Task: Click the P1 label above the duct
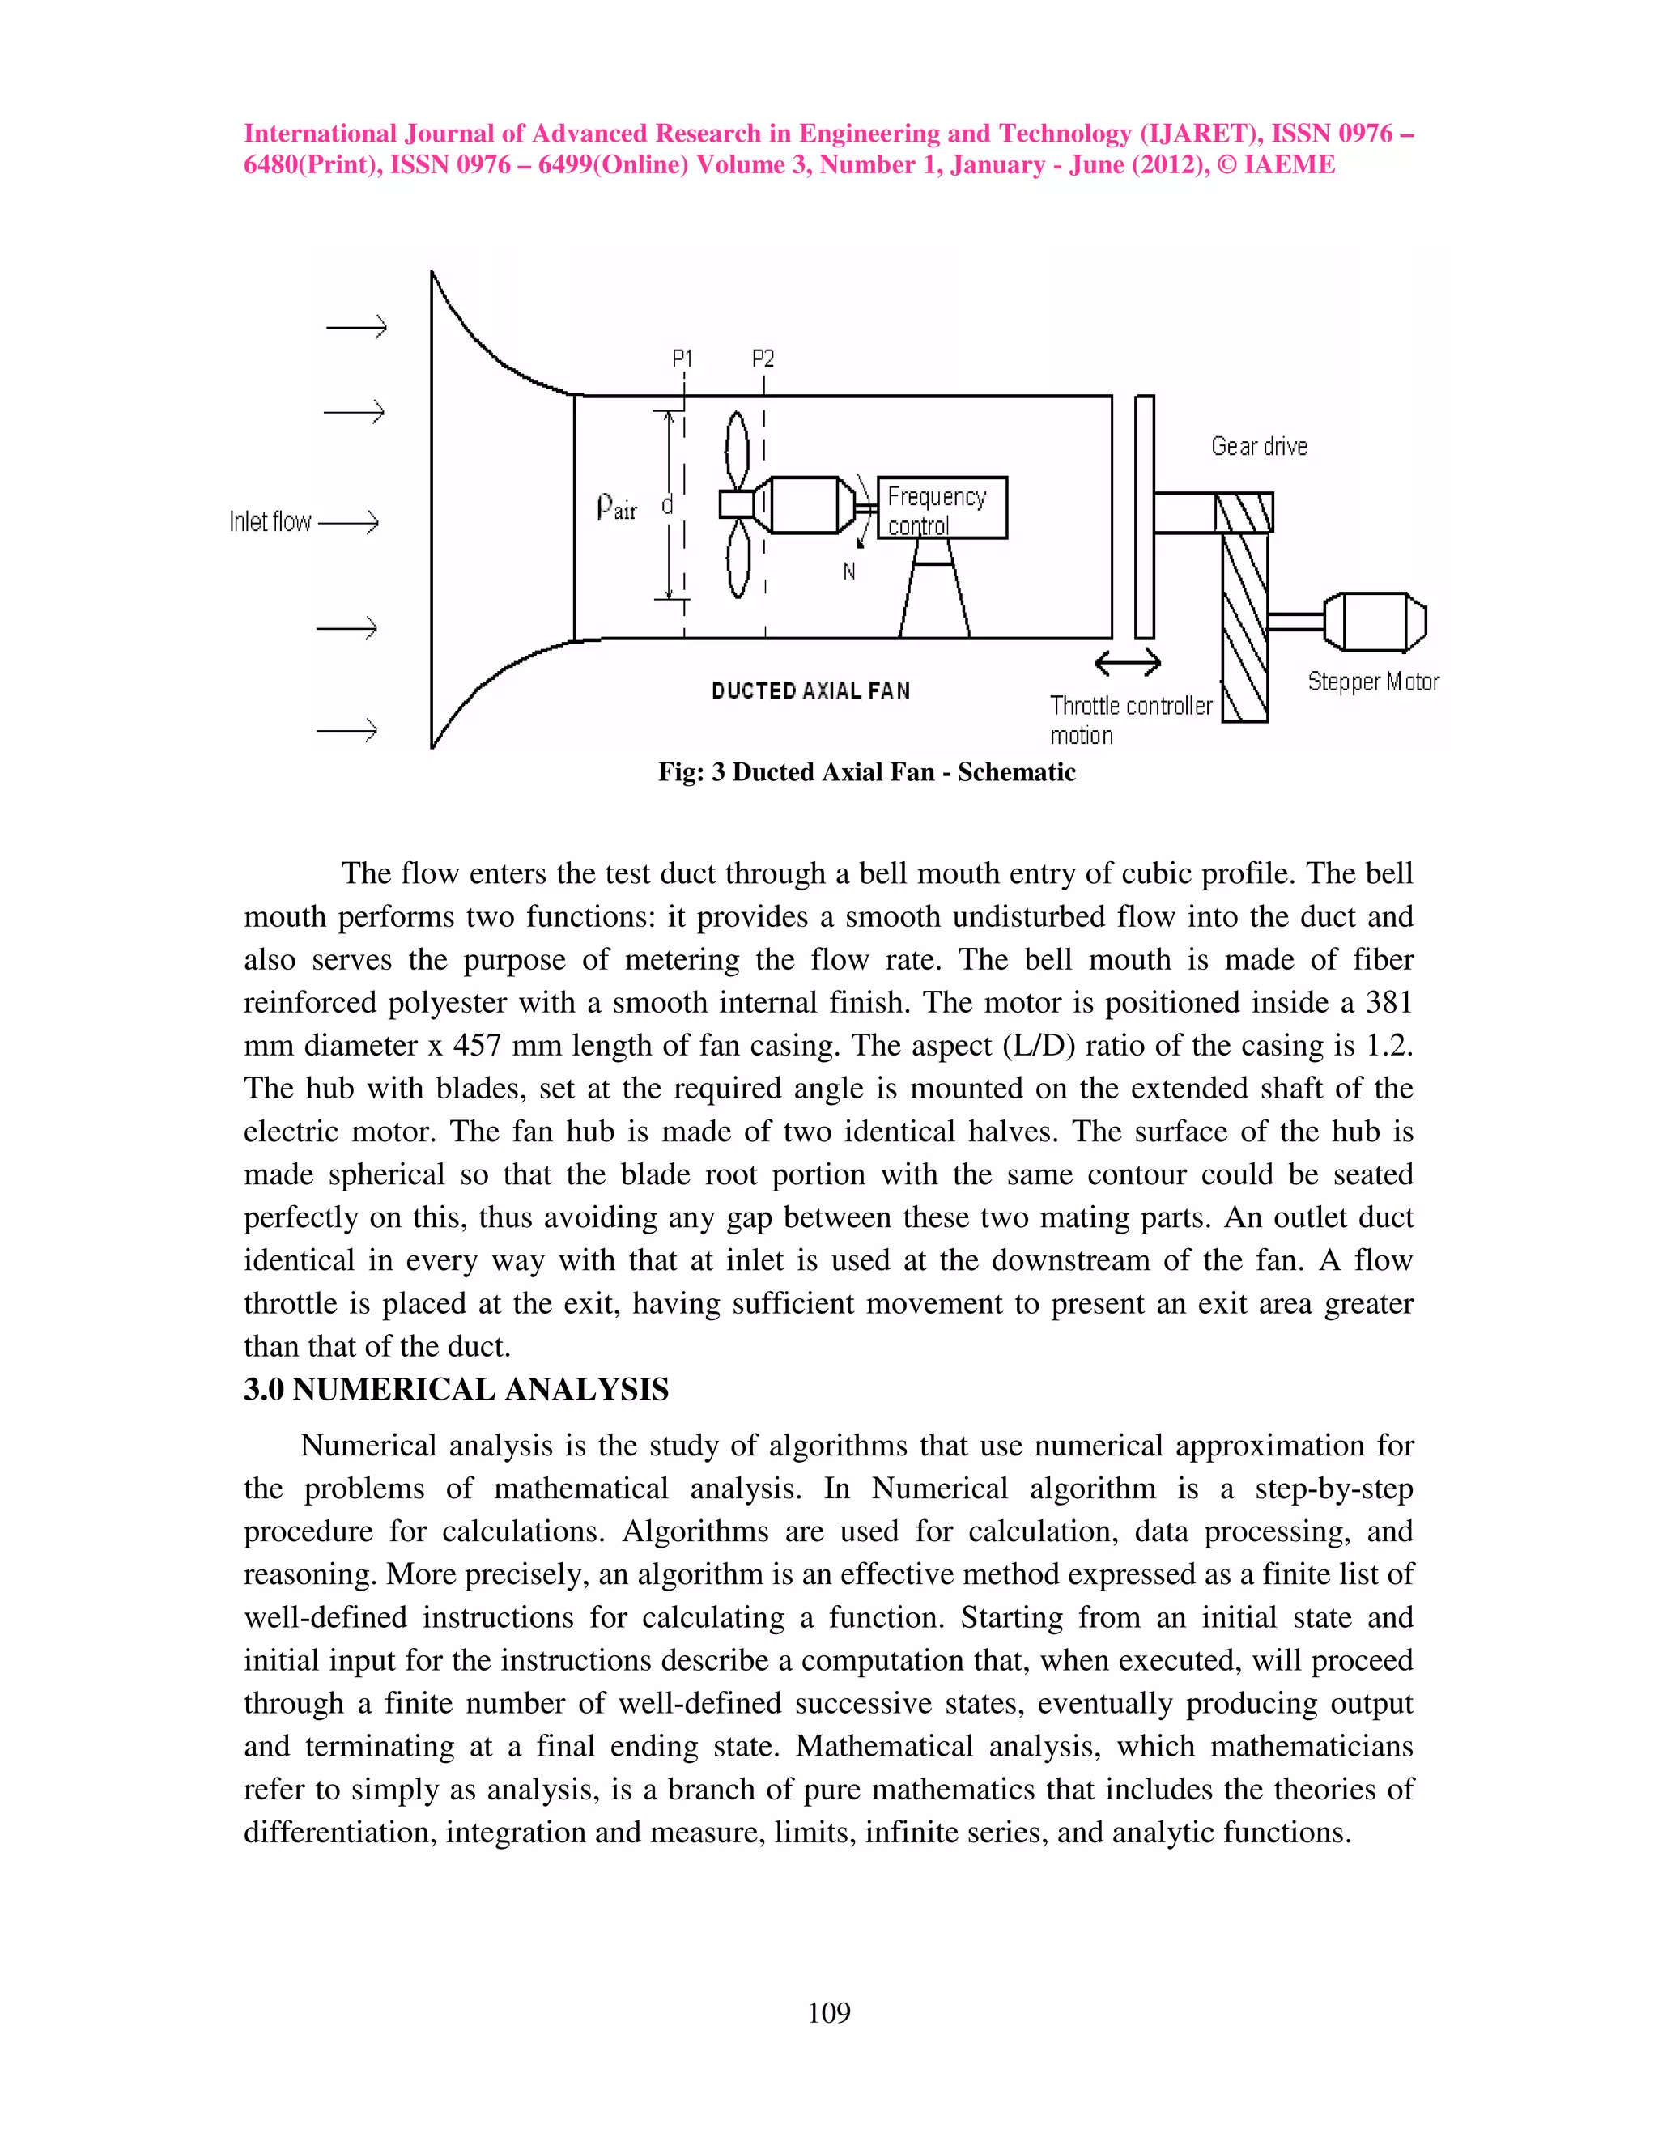click(682, 359)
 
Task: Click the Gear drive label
click(1258, 447)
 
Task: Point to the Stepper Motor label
click(1372, 682)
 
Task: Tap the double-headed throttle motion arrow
click(1128, 664)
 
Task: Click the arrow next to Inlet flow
click(349, 523)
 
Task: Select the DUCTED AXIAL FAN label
click(810, 691)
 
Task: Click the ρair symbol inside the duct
click(616, 507)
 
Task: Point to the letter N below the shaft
click(848, 571)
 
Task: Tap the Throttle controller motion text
click(1129, 720)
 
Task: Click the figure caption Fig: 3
click(865, 772)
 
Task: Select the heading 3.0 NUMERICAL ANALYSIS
click(456, 1390)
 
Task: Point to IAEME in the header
click(1289, 165)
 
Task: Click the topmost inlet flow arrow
click(356, 327)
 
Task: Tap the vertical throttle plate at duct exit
click(1143, 516)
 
